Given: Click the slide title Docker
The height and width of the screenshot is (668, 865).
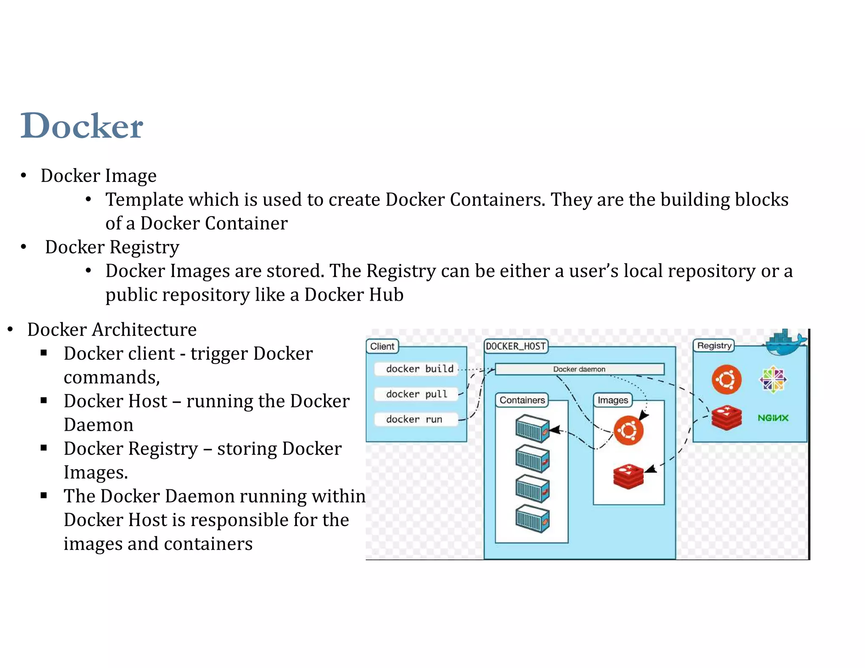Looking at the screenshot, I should [x=82, y=126].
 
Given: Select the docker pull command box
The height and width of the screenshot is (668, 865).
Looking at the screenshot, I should [x=416, y=394].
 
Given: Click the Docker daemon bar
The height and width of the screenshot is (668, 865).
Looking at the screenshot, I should [x=579, y=369].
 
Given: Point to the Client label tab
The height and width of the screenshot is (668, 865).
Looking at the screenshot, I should [x=382, y=347].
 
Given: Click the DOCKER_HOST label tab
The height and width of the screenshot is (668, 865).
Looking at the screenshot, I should [x=516, y=347].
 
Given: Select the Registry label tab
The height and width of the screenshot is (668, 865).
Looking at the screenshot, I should [x=714, y=346].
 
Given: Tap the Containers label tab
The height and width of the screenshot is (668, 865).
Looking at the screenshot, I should [x=522, y=400].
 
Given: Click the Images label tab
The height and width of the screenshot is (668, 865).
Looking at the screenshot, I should [x=612, y=400].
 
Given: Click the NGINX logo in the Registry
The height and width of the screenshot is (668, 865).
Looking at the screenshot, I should [x=773, y=418].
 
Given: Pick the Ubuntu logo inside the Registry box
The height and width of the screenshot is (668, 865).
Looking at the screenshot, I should [x=726, y=380].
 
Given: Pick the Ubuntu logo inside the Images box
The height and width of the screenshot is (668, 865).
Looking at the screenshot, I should [x=628, y=430].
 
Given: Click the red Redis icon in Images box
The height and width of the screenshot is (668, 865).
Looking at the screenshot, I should [x=628, y=476].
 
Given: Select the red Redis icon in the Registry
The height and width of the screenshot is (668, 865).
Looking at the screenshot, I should [x=726, y=418].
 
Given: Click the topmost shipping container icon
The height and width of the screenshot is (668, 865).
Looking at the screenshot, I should [x=532, y=428].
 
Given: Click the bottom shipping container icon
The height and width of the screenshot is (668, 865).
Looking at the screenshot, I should [x=532, y=519].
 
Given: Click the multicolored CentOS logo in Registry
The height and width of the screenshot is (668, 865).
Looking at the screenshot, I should [x=773, y=380].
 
